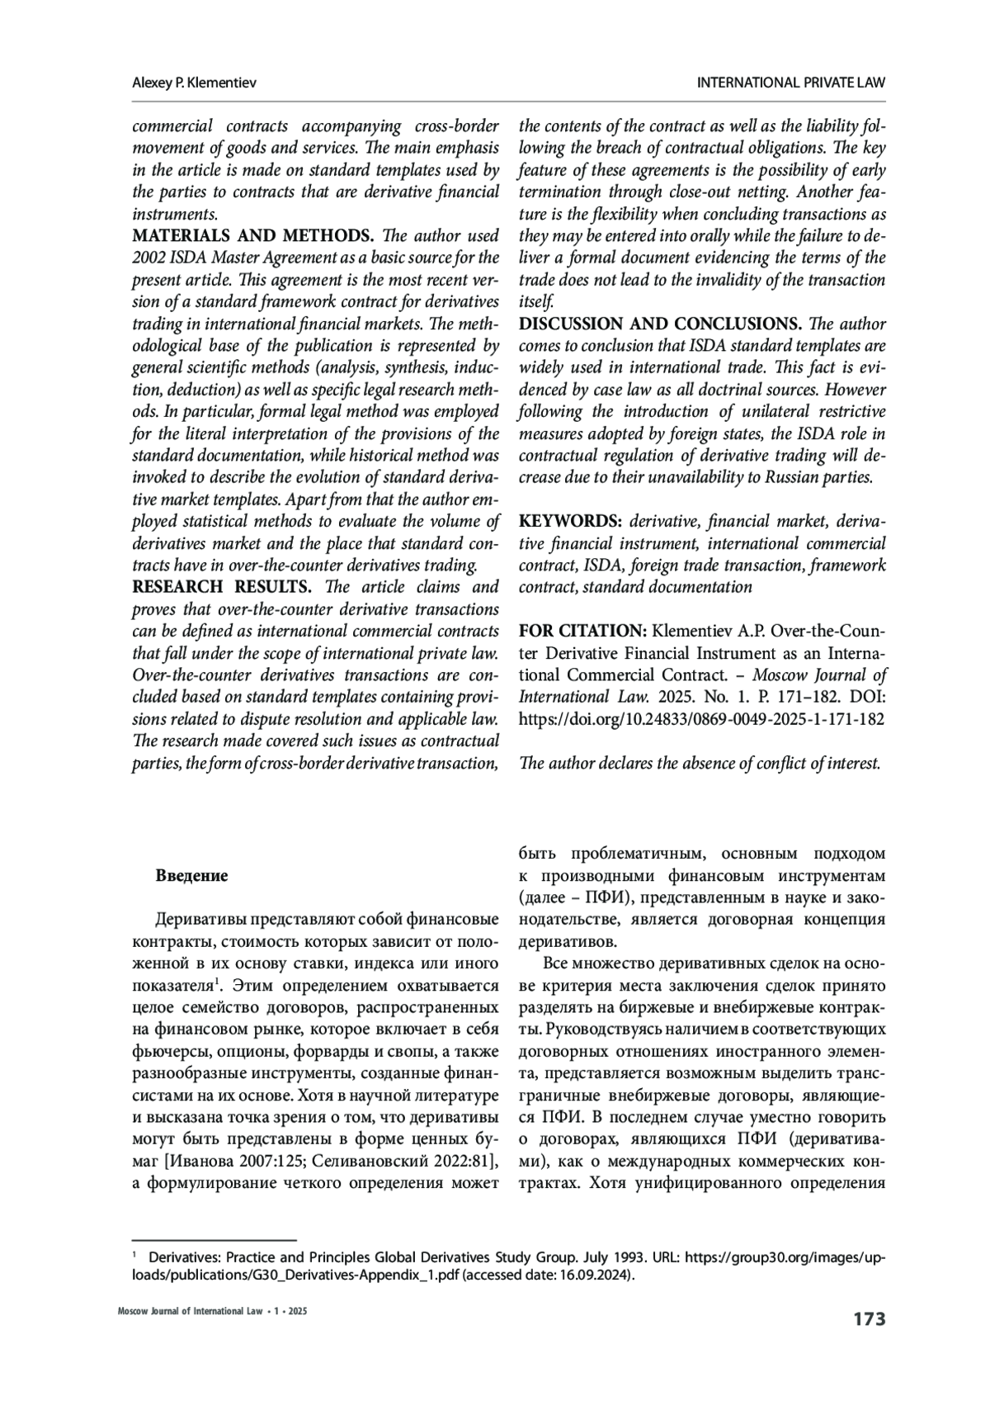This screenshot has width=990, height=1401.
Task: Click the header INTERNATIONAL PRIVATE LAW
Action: (x=791, y=83)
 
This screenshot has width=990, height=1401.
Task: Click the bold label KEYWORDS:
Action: (x=570, y=522)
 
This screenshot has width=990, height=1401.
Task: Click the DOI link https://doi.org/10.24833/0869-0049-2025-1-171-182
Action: (x=701, y=719)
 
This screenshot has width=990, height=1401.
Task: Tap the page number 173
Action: (x=869, y=1319)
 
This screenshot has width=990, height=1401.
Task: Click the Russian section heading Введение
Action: (x=191, y=876)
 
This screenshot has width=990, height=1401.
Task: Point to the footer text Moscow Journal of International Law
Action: (x=181, y=1312)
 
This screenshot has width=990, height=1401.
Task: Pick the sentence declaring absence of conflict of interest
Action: (x=700, y=764)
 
